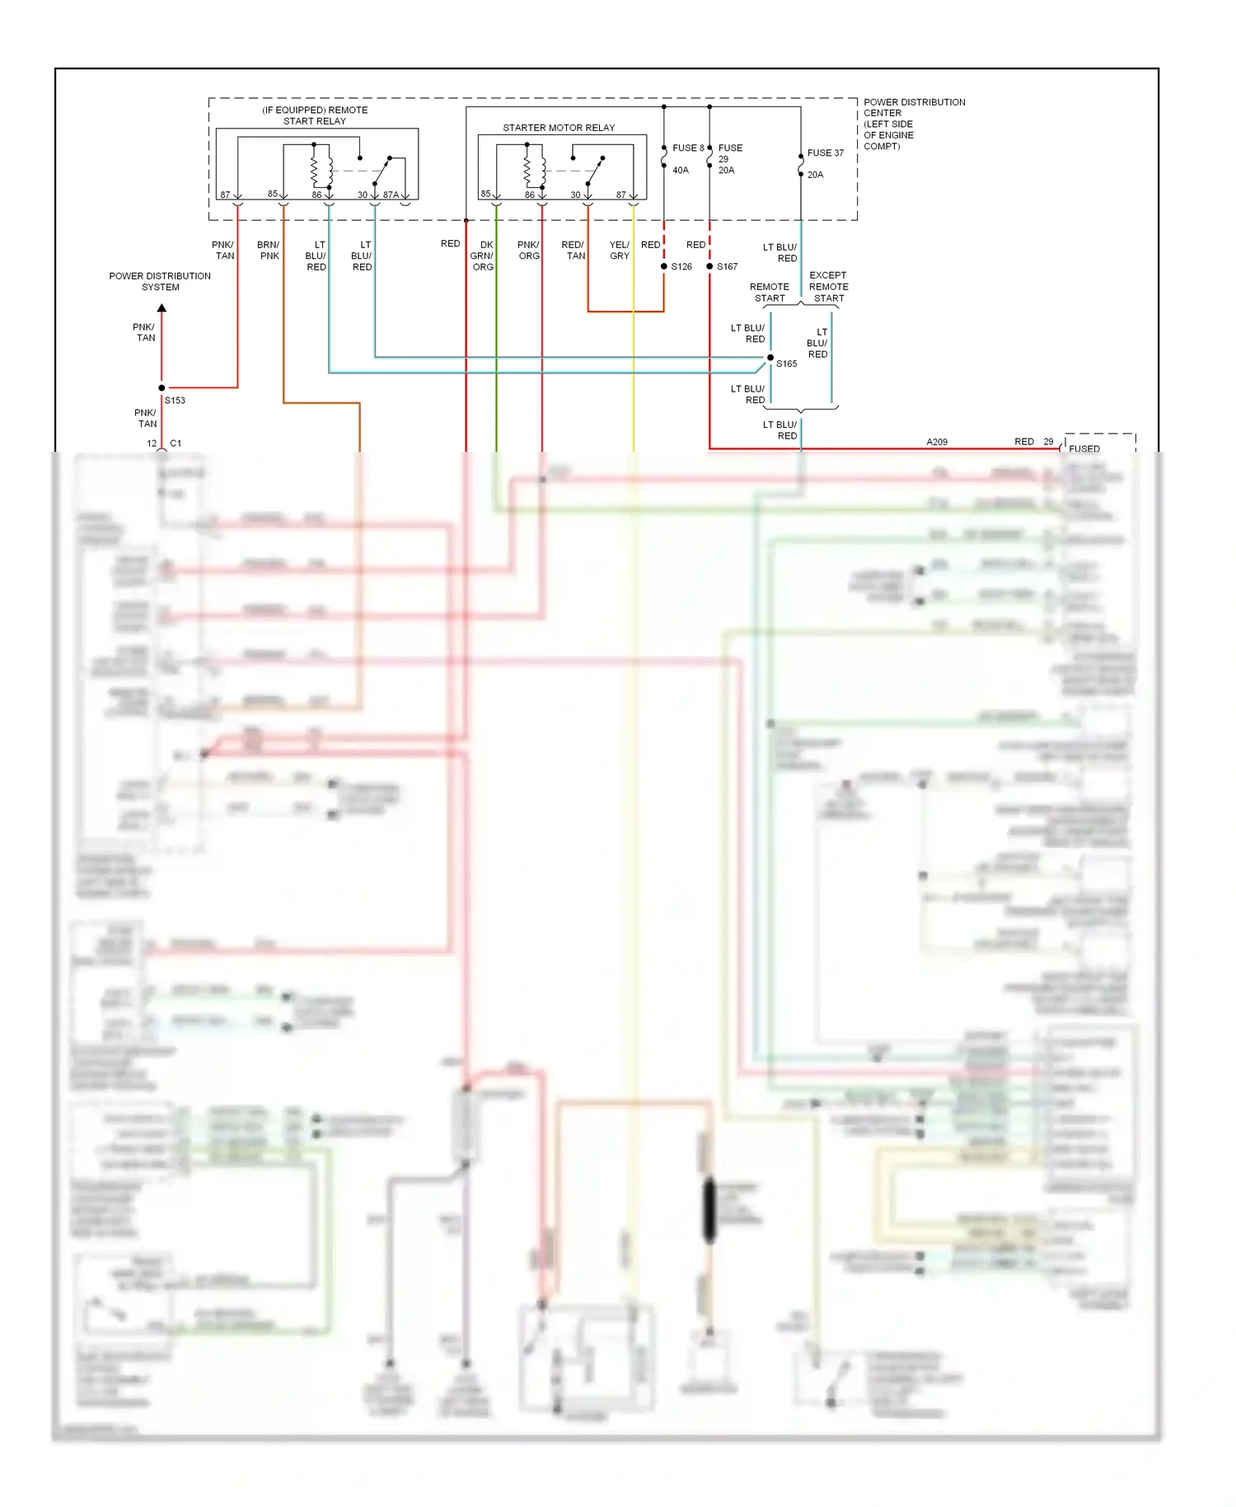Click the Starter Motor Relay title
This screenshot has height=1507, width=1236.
(559, 128)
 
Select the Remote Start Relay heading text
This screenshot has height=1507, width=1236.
(315, 115)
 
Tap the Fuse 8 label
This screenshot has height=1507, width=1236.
(688, 148)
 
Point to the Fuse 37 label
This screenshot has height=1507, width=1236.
(825, 153)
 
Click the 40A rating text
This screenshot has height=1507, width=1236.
(681, 171)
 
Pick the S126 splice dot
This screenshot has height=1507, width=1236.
(664, 266)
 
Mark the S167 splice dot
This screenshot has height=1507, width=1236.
(709, 266)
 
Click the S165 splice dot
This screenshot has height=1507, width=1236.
(770, 358)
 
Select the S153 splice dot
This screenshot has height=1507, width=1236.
(162, 387)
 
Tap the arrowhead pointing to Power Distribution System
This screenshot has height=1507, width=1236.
(162, 308)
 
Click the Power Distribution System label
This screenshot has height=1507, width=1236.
(160, 282)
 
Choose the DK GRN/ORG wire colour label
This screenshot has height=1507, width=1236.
(483, 256)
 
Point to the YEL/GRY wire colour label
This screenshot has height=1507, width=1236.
(620, 251)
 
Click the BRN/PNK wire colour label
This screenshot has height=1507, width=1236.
(269, 251)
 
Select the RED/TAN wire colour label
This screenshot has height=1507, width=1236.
(574, 251)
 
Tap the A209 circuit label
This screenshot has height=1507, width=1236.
(937, 442)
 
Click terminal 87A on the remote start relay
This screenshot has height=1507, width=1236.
(391, 195)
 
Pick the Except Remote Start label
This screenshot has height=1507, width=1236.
(828, 287)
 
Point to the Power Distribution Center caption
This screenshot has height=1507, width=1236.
(913, 124)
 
